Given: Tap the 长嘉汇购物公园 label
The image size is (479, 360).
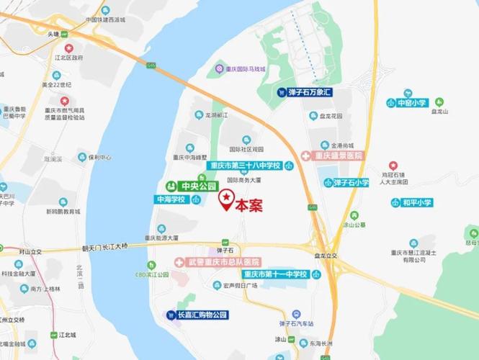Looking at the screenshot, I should [196, 315].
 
